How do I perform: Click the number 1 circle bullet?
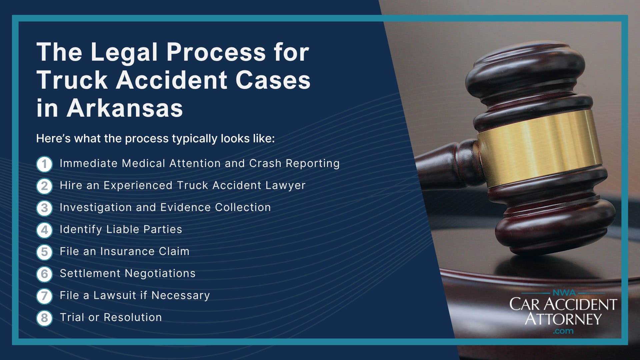(x=44, y=164)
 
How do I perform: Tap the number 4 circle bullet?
(x=44, y=230)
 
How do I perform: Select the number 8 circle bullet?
(x=44, y=318)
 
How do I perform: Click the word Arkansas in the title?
(x=125, y=108)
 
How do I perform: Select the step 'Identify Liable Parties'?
(x=121, y=229)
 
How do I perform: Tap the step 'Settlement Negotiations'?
(x=127, y=273)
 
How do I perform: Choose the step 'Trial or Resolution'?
(x=111, y=317)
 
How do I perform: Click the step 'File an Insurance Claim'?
(x=124, y=251)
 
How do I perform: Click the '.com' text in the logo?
(x=563, y=331)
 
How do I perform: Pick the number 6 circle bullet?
(x=44, y=274)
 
